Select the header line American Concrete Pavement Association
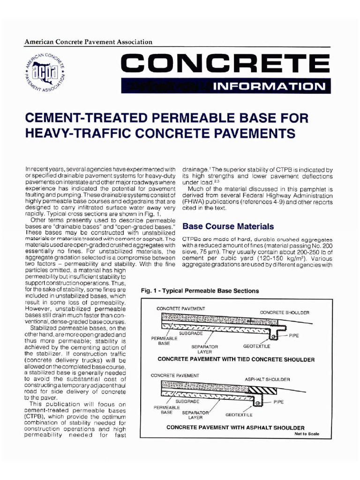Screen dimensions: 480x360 89,42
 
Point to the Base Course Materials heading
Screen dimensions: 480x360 228,226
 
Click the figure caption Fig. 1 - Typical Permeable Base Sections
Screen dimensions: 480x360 200,291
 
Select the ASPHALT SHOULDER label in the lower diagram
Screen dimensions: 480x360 267,379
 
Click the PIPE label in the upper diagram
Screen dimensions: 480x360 294,336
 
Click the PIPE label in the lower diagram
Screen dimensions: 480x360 278,402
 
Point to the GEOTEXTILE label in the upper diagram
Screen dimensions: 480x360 256,347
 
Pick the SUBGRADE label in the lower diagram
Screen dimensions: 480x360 187,401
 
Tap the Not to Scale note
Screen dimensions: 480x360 307,434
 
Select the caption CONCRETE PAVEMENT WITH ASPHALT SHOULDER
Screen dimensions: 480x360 235,427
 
